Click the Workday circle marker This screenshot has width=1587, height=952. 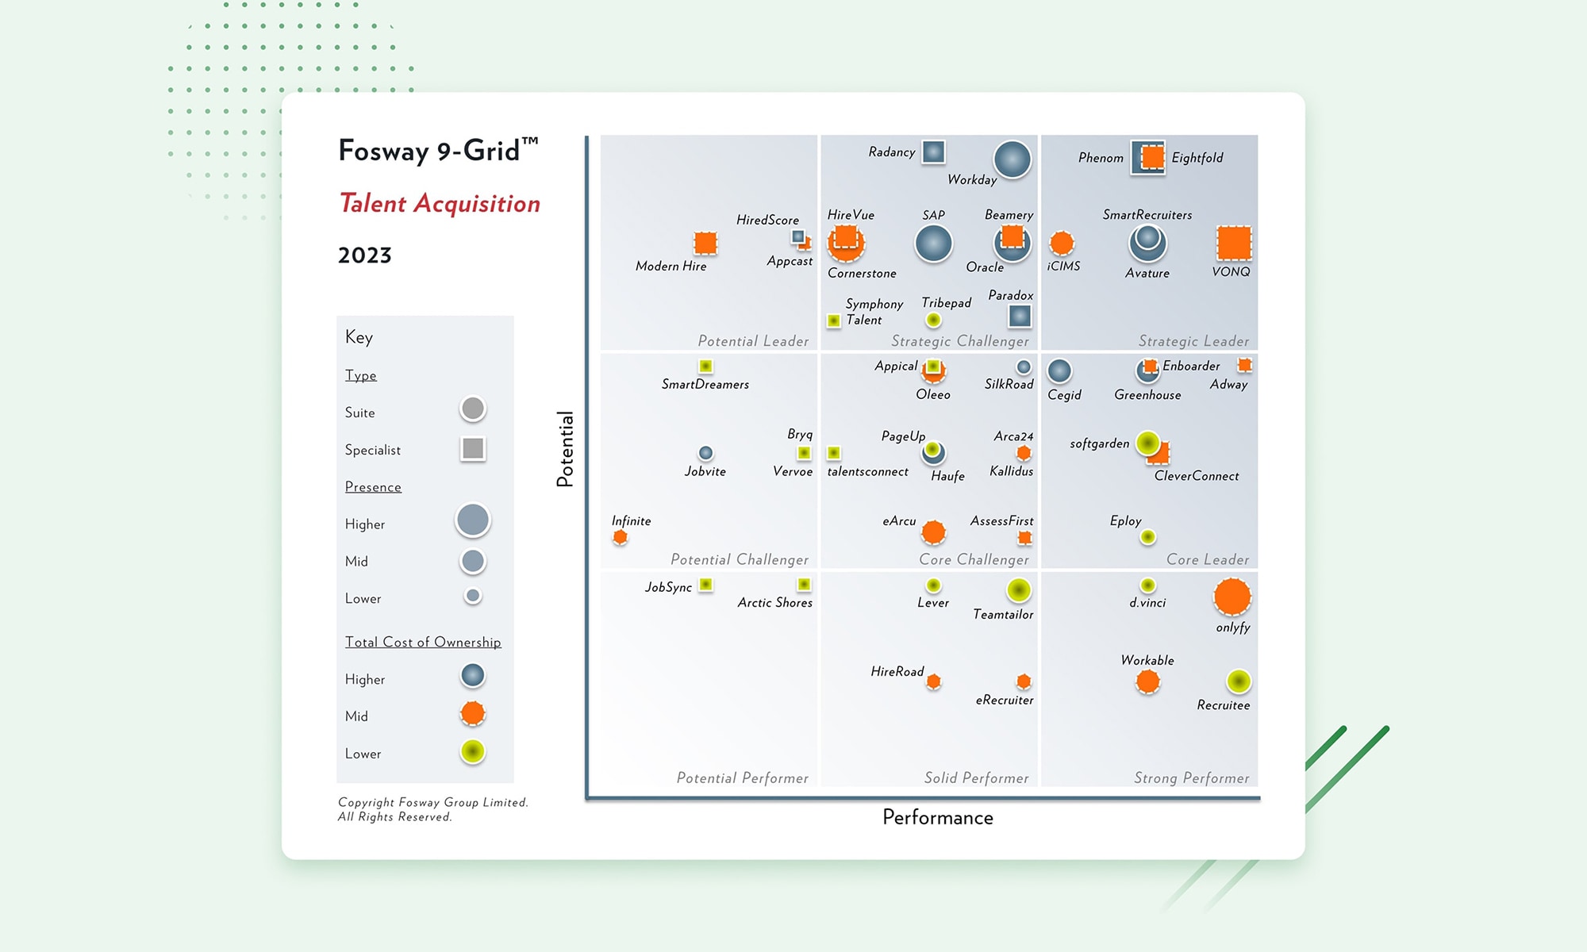click(x=1013, y=159)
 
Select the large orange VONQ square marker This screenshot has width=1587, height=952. click(x=1234, y=243)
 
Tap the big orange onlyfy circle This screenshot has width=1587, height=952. click(x=1232, y=597)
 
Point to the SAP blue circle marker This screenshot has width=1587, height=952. click(x=933, y=244)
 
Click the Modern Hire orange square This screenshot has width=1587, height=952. click(x=705, y=243)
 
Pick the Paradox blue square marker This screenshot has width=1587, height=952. click(x=1020, y=317)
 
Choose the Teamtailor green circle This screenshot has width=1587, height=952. click(x=1019, y=590)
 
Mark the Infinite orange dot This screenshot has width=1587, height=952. click(x=621, y=538)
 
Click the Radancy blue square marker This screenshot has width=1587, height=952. click(x=933, y=152)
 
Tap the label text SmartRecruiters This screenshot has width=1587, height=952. click(x=1147, y=215)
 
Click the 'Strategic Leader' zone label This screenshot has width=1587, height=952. click(x=1193, y=341)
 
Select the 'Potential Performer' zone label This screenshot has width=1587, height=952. click(x=742, y=778)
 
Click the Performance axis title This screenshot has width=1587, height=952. click(x=938, y=818)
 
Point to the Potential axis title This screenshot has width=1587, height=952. click(x=565, y=449)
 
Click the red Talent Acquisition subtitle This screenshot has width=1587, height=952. click(x=440, y=204)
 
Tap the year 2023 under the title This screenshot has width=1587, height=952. click(x=365, y=255)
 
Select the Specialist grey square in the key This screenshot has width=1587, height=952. click(x=473, y=449)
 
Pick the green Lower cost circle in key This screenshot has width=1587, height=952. click(x=473, y=751)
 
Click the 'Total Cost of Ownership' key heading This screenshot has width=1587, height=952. click(x=423, y=643)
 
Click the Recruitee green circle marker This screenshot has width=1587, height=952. click(x=1239, y=681)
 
